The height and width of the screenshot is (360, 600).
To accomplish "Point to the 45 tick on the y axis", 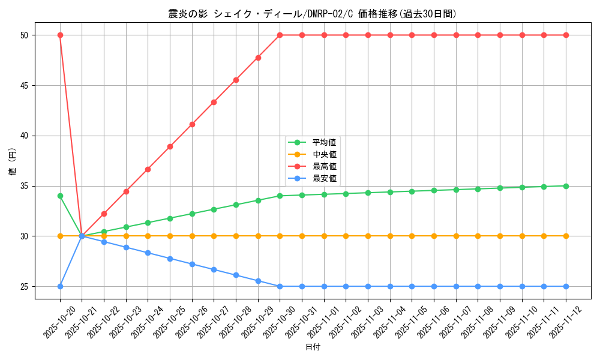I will [x=25, y=85].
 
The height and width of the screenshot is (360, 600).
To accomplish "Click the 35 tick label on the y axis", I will [x=25, y=186].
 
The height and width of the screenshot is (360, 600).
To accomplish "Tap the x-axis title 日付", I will [x=313, y=347].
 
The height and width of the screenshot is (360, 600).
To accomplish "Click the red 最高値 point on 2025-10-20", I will [x=60, y=35].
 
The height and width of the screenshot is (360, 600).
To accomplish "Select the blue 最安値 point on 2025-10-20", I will [x=60, y=286].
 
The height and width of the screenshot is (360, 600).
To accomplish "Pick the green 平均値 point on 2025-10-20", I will [x=60, y=196].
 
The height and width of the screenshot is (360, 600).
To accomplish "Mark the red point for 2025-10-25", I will [x=170, y=146].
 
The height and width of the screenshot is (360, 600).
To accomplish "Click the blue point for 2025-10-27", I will [x=214, y=269].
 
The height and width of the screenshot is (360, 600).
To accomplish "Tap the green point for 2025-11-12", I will [x=566, y=186].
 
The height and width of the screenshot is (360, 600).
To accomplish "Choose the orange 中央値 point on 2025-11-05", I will [x=412, y=236].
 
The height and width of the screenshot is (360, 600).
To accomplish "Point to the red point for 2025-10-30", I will [x=280, y=35].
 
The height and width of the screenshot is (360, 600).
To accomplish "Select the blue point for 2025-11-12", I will [x=566, y=286].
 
